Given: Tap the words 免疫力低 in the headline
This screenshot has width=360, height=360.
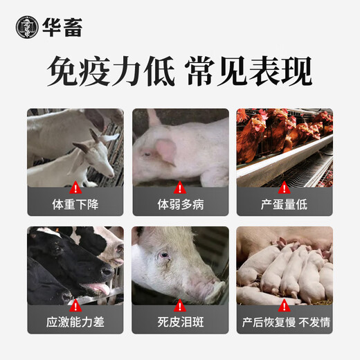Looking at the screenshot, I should pyautogui.click(x=110, y=71).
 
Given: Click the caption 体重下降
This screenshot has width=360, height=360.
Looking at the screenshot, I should pyautogui.click(x=75, y=206).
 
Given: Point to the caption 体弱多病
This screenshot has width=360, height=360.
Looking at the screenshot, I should pyautogui.click(x=180, y=206).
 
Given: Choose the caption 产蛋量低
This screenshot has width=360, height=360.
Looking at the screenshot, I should pyautogui.click(x=285, y=206).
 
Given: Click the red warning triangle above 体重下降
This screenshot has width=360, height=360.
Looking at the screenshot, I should pyautogui.click(x=75, y=188).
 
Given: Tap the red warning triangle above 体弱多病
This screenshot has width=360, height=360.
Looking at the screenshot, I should pyautogui.click(x=180, y=188).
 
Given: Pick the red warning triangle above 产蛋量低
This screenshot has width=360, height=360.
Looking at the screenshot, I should pyautogui.click(x=285, y=188).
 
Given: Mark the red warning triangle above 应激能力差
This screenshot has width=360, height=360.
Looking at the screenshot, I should pyautogui.click(x=75, y=305).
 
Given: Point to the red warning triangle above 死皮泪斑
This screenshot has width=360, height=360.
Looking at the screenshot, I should pyautogui.click(x=180, y=305).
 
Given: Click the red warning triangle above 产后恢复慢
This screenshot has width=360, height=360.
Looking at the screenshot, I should pyautogui.click(x=285, y=305).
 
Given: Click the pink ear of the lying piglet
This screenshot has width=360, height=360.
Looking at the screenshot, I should pyautogui.click(x=166, y=149).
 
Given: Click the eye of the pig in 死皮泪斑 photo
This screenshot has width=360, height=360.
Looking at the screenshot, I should pyautogui.click(x=164, y=255).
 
